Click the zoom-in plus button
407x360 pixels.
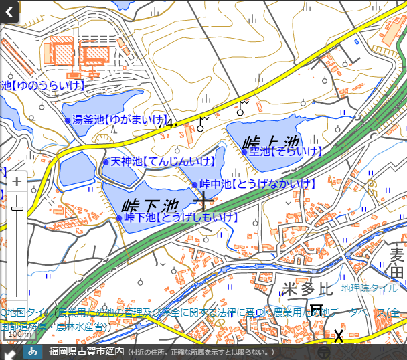tap(17, 181)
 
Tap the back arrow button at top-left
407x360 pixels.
tap(9, 11)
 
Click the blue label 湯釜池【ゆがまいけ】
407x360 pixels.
tap(120, 120)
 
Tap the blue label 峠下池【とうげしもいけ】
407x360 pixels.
tap(181, 217)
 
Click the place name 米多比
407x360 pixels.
tap(307, 289)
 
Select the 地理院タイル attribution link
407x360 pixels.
tap(370, 288)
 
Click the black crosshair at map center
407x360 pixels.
tap(203, 200)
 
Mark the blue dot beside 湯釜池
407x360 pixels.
tap(68, 120)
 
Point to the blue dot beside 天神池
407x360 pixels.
tap(106, 162)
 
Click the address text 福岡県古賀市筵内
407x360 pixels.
tap(86, 351)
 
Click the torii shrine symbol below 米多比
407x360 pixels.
tap(317, 311)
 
